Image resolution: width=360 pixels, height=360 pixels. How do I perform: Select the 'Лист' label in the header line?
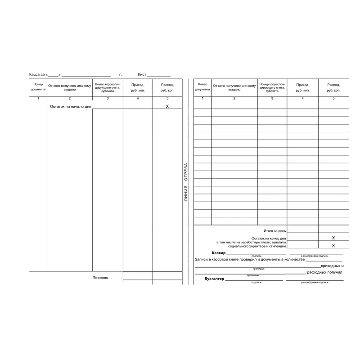pyautogui.click(x=142, y=74)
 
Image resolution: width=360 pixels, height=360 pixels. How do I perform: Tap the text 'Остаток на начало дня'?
pyautogui.click(x=70, y=107)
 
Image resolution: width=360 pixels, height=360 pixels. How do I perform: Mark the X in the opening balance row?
pyautogui.click(x=167, y=106)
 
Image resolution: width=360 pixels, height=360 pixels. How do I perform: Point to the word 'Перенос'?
pyautogui.click(x=101, y=278)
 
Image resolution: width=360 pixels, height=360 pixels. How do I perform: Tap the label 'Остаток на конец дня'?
pyautogui.click(x=269, y=238)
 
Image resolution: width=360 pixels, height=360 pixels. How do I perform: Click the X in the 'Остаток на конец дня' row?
pyautogui.click(x=333, y=237)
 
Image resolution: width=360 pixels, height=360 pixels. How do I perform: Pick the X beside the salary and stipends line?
pyautogui.click(x=333, y=246)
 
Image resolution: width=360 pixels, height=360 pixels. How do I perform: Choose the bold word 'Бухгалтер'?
pyautogui.click(x=214, y=279)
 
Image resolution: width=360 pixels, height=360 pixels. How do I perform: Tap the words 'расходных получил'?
pyautogui.click(x=324, y=272)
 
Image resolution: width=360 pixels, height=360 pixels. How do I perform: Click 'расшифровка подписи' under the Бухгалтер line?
pyautogui.click(x=315, y=283)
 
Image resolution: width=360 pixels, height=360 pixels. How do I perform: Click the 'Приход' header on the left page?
pyautogui.click(x=138, y=87)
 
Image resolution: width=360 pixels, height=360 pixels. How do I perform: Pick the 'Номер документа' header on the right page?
pyautogui.click(x=202, y=86)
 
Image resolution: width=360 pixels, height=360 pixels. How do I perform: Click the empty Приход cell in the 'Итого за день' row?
pyautogui.click(x=302, y=229)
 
